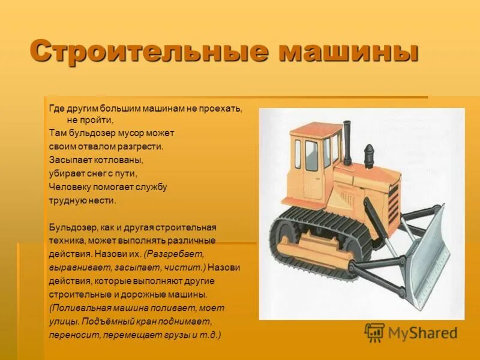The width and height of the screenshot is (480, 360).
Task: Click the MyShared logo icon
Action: (374, 332)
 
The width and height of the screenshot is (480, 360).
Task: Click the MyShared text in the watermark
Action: (422, 333)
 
